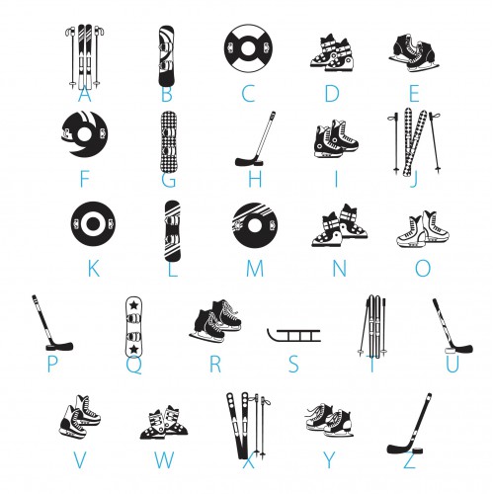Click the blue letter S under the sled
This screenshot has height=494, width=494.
[293, 364]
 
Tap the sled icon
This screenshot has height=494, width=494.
[293, 335]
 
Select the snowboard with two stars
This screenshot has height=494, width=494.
[133, 326]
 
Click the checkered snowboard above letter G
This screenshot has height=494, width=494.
[168, 142]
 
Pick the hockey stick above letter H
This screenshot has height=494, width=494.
[256, 139]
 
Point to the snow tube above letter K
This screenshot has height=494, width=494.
[93, 224]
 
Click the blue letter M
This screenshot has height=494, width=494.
[255, 269]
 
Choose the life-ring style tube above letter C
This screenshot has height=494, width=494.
[249, 48]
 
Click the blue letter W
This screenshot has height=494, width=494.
[164, 459]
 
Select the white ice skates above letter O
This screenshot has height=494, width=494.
[423, 229]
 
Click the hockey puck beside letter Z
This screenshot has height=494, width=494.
[417, 451]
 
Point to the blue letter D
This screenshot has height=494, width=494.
[332, 94]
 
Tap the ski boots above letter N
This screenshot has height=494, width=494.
[340, 225]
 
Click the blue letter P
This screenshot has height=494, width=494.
[52, 364]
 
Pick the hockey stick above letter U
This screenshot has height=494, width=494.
[452, 327]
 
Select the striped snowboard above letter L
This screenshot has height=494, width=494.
[172, 231]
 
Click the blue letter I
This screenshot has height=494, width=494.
[336, 179]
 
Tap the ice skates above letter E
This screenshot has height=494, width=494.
[414, 52]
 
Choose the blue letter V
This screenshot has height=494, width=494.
[80, 459]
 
